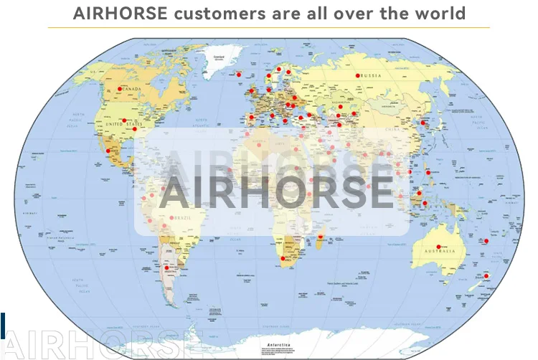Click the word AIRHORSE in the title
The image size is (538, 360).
click(121, 13)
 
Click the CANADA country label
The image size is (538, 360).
click(131, 89)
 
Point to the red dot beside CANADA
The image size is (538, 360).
click(119, 89)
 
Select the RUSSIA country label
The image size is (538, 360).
click(370, 76)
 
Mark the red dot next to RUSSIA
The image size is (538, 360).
click(357, 75)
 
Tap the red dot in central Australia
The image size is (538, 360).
click(439, 247)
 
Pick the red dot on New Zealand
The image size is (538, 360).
click(487, 276)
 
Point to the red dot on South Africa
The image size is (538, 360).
click(283, 258)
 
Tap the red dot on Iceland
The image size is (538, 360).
click(239, 73)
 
